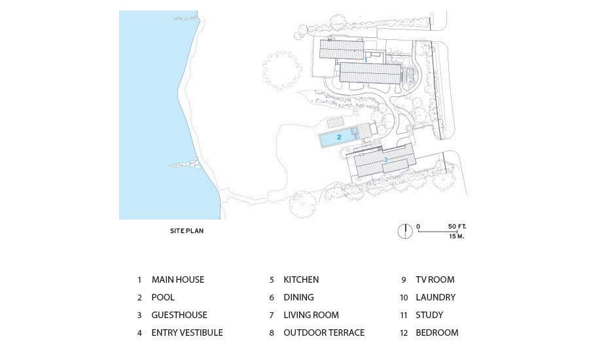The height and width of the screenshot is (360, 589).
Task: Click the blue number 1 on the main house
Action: (x=366, y=60)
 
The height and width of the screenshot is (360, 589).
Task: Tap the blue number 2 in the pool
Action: (x=339, y=137)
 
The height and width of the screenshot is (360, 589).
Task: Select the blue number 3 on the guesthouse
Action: (x=385, y=160)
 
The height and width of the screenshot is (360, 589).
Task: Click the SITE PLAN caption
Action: (x=187, y=231)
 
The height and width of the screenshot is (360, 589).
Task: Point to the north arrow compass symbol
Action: (x=405, y=230)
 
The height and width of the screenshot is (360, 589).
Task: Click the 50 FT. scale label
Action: (x=457, y=226)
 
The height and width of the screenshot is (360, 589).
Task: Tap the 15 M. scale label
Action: (x=457, y=236)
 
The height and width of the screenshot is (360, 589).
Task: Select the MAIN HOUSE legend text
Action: (x=177, y=279)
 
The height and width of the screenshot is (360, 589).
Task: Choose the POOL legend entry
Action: (x=163, y=297)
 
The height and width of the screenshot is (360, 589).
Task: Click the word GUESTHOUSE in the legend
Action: (x=179, y=315)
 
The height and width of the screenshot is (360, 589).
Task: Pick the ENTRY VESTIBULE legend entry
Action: (x=187, y=333)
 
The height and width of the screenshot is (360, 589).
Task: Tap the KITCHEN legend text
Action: (x=301, y=279)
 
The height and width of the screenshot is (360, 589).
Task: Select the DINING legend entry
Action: (x=298, y=297)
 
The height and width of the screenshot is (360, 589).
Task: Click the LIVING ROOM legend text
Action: (x=311, y=315)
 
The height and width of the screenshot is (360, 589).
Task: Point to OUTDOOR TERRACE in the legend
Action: (x=324, y=333)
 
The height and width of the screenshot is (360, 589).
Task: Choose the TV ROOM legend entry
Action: (x=435, y=279)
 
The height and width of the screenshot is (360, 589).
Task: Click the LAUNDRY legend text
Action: (x=435, y=297)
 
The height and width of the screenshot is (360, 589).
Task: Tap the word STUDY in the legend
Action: (x=429, y=315)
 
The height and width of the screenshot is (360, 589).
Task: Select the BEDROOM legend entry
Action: (x=437, y=333)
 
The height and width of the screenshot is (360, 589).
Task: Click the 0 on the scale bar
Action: (x=418, y=226)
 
